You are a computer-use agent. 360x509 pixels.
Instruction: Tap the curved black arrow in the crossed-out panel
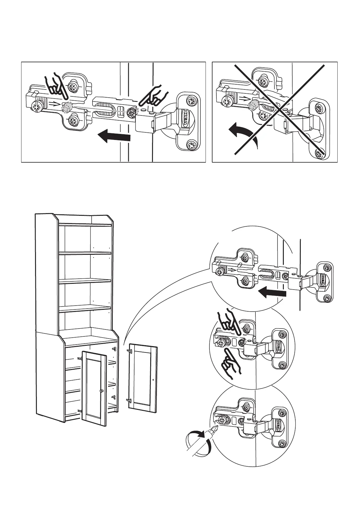[x=242, y=133]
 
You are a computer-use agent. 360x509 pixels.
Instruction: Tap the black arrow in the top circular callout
[x=272, y=293]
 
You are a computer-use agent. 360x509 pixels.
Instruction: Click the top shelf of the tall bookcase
[x=85, y=225]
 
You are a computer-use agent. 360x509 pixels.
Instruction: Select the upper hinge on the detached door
[x=130, y=351]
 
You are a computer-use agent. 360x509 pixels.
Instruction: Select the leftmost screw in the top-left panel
[x=37, y=106]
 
